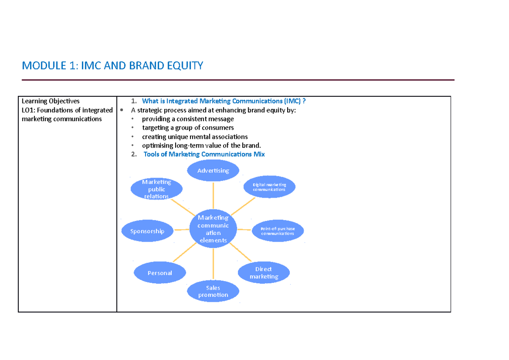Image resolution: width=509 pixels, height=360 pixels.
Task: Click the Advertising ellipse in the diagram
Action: pos(213,170)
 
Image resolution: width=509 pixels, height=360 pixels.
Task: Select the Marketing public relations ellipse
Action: pos(157,189)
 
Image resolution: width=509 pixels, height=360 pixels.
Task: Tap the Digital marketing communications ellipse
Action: pos(269,187)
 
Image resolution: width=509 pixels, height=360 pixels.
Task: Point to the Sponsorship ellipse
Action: pos(147,231)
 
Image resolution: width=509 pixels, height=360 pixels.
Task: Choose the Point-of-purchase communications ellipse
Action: pos(277,231)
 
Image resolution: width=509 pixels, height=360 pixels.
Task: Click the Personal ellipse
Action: pos(159,273)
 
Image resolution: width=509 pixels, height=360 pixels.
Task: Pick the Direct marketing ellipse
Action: pos(263,273)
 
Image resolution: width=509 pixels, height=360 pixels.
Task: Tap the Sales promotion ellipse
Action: pos(213,291)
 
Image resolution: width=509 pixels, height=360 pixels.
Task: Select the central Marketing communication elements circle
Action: pos(213,229)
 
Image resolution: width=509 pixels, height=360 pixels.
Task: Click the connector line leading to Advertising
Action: pos(213,195)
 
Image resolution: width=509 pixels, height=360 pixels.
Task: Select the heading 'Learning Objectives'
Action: pos(50,101)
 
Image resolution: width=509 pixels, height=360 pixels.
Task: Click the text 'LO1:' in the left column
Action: pos(28,110)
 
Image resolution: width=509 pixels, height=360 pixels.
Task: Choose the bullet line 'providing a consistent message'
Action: pos(187,119)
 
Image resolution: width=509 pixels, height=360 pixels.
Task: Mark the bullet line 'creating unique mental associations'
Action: pos(195,137)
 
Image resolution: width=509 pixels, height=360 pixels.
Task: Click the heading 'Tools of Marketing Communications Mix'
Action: pos(204,154)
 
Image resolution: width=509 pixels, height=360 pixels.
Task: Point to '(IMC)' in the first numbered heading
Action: pos(292,101)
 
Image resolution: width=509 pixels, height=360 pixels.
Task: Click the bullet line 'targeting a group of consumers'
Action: pos(187,128)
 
